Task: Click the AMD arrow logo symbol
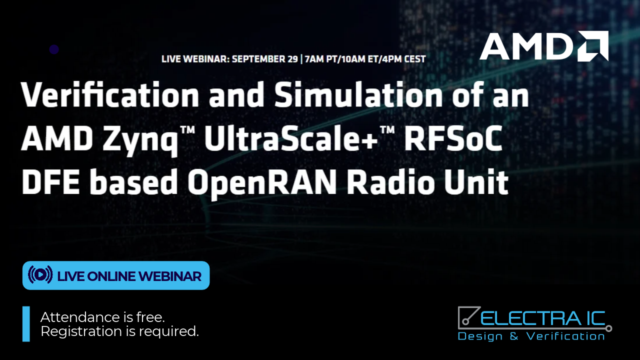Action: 593,46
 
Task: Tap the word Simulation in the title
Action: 358,94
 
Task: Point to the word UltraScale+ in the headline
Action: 291,139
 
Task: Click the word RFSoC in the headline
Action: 453,139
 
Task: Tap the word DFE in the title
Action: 50,182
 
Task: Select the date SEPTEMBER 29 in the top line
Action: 265,59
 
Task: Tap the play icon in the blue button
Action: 40,274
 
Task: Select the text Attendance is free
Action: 102,317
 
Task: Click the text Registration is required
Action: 119,331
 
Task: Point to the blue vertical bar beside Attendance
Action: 26,324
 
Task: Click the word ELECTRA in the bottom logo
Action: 531,318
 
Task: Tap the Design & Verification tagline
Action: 531,336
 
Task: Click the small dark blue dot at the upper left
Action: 54,49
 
